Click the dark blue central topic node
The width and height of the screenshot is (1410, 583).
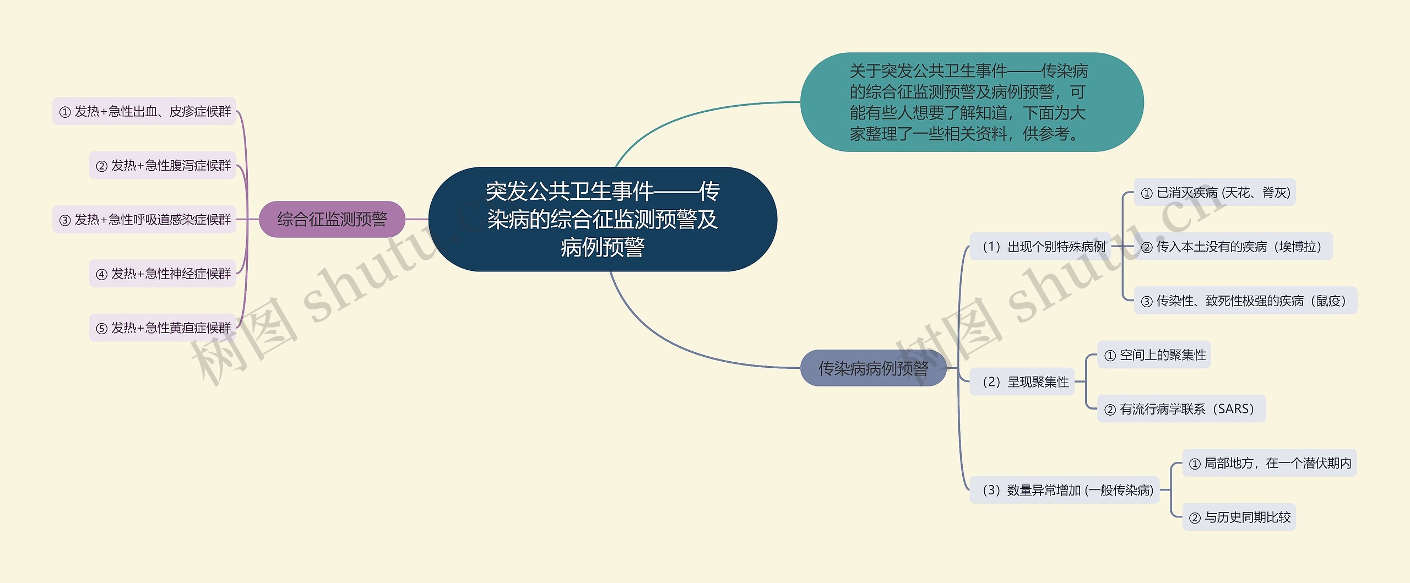point(603,219)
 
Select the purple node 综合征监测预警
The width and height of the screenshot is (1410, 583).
point(332,219)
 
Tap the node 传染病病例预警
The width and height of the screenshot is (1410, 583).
point(873,368)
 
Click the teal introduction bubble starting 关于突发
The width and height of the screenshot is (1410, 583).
point(972,102)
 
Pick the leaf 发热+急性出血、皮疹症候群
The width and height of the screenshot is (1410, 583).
point(144,111)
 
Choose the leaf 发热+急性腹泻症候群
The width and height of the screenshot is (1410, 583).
point(162,165)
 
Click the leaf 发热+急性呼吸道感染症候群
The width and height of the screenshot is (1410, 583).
point(144,220)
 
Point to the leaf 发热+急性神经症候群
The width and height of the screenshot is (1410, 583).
point(162,274)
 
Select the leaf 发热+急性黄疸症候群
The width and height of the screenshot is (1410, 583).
point(162,328)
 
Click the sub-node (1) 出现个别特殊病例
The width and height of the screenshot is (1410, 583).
point(1040,247)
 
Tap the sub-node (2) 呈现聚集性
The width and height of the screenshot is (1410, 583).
point(1022,382)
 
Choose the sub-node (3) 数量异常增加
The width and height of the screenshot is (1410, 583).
point(1065,489)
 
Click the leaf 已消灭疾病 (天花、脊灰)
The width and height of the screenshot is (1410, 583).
point(1214,192)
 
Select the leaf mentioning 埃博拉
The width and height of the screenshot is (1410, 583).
point(1233,246)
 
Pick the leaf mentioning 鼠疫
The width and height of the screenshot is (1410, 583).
point(1245,301)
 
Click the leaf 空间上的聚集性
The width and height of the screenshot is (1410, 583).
point(1154,355)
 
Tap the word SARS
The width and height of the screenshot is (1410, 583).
point(1236,408)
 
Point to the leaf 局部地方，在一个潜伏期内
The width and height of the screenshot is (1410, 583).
point(1270,463)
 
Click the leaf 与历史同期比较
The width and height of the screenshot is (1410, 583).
point(1239,517)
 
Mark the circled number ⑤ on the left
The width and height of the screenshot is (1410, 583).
point(101,329)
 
